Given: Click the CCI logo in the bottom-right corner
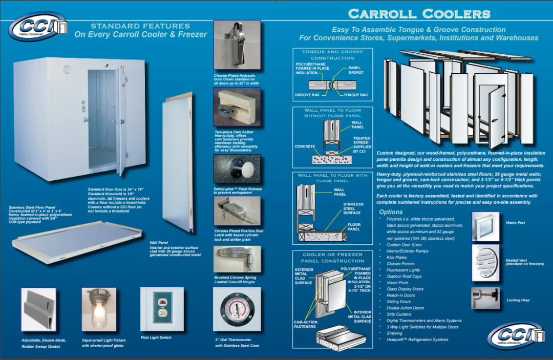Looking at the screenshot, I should pos(515,335).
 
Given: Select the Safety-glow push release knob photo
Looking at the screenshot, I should pos(237,170).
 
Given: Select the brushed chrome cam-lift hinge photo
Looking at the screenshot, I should pos(237,259).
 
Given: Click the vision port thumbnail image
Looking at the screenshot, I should pos(485,225).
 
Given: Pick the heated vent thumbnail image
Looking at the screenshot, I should pos(485,262).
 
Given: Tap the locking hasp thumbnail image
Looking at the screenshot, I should pos(485,298).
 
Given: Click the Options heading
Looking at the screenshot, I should pos(391,212).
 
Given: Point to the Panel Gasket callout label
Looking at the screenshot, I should pos(356,70).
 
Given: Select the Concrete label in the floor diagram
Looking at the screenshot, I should pos(305,146).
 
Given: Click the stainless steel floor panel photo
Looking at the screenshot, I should pos(77,243).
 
